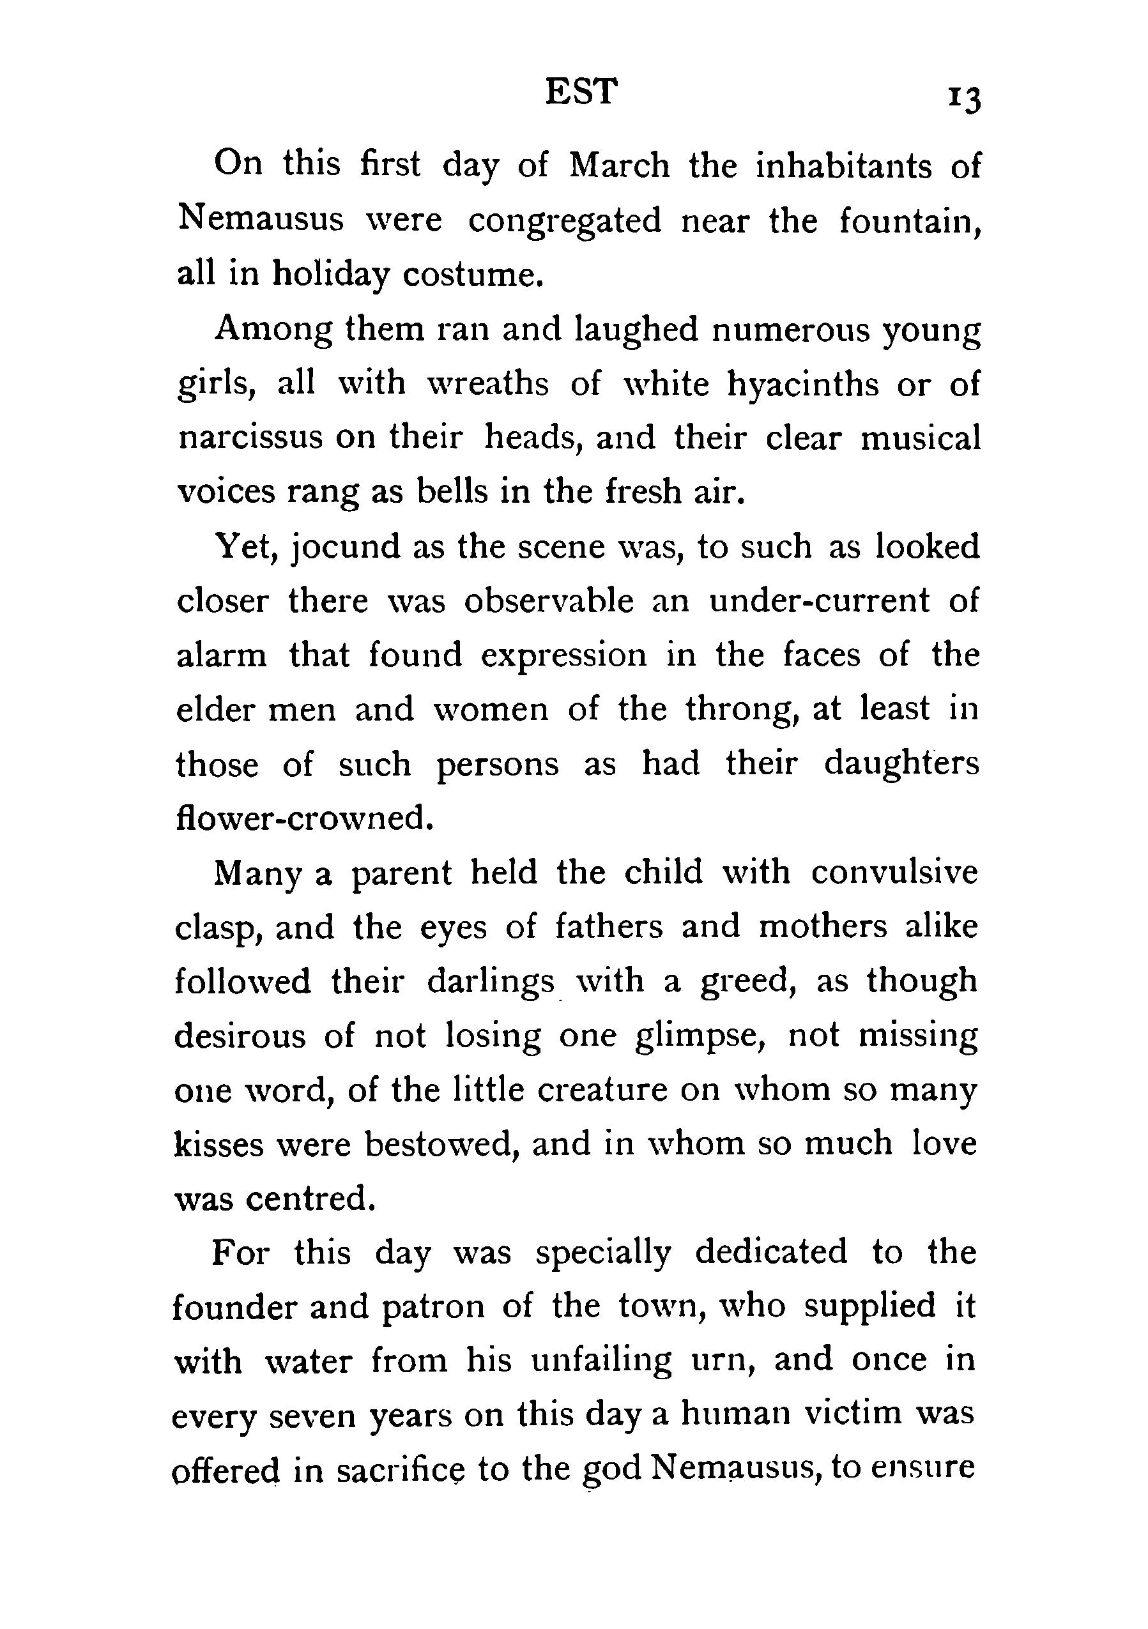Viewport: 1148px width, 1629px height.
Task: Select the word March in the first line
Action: coord(620,167)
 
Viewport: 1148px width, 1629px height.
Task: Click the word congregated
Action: coord(564,222)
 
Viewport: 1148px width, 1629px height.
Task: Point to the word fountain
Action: coord(910,222)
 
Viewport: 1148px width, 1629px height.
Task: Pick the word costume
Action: coord(472,275)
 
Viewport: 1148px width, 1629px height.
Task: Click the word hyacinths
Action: coord(803,385)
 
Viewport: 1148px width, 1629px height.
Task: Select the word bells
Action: coord(453,493)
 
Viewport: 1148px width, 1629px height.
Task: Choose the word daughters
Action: coord(901,764)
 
